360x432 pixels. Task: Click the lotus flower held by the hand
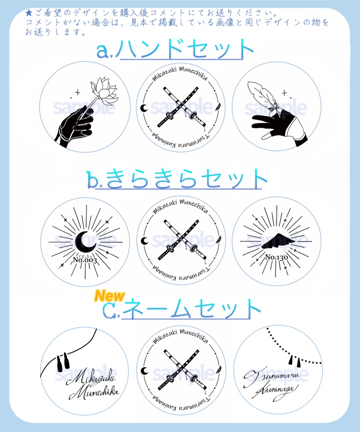pos(105,91)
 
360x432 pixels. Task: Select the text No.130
pos(276,257)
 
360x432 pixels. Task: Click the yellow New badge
pos(109,296)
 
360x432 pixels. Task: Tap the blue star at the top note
pos(29,13)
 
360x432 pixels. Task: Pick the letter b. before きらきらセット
pos(94,179)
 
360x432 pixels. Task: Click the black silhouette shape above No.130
pos(277,241)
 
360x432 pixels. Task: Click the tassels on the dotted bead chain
pos(294,361)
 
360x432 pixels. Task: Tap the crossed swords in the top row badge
pos(181,108)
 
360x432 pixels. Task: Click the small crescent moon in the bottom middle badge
pos(144,370)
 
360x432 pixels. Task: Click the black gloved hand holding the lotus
pos(76,125)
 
